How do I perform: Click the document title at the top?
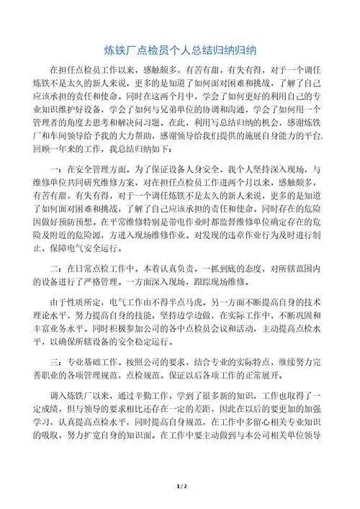(x=180, y=51)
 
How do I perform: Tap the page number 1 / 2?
(x=180, y=487)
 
